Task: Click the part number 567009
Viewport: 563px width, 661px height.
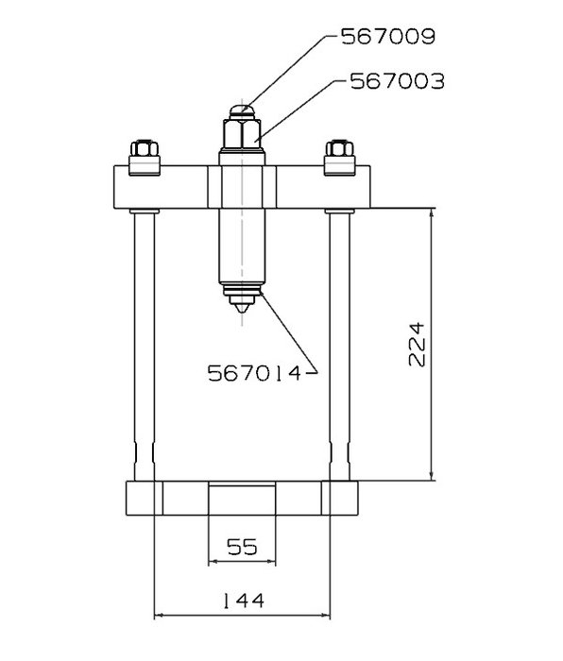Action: (388, 36)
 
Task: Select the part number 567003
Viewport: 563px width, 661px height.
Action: (398, 81)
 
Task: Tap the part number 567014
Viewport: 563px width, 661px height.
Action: (255, 373)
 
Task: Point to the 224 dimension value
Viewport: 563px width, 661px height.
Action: (418, 345)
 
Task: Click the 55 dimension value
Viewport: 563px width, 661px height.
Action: (242, 547)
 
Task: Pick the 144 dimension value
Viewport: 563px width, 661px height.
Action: (243, 601)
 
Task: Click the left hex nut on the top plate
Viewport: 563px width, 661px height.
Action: (145, 148)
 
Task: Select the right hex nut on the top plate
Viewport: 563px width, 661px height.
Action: (339, 148)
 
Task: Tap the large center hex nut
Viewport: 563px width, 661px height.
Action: (242, 134)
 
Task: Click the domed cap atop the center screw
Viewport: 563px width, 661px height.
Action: (242, 112)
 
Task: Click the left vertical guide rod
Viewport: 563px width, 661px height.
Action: (145, 347)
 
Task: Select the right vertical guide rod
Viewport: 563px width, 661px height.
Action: (339, 347)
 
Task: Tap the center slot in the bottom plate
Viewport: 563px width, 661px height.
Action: (242, 500)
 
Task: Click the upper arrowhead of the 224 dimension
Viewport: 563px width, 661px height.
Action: (432, 214)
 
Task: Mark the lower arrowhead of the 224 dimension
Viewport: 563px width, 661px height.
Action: (432, 475)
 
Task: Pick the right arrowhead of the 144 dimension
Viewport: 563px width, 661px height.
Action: (325, 616)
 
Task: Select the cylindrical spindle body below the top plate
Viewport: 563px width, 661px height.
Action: (242, 246)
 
